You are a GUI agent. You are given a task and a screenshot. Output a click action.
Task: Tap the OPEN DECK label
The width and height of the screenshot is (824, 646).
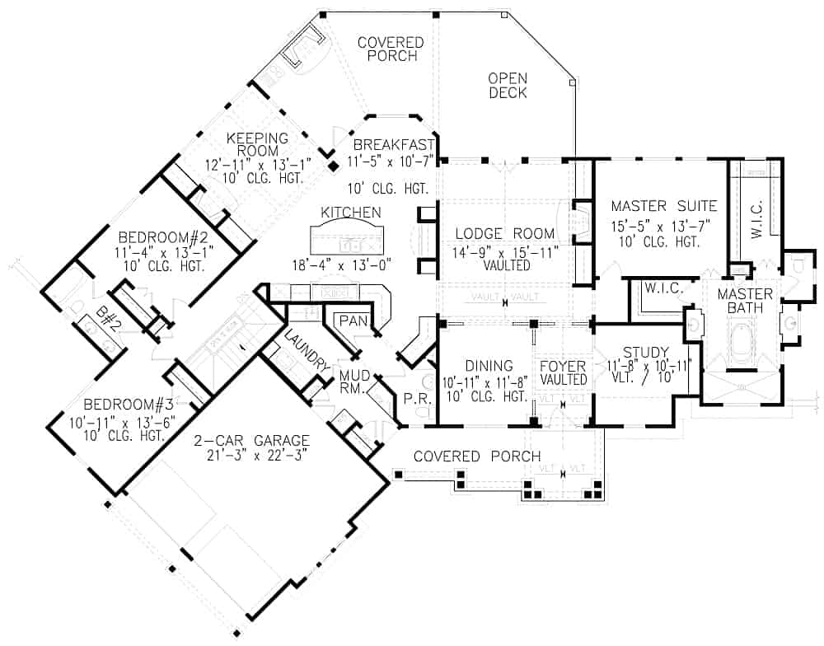[x=508, y=86]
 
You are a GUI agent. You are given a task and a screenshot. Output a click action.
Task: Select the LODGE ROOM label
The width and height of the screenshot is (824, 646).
[x=498, y=234]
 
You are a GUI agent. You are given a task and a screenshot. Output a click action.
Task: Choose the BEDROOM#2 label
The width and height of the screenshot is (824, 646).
[x=157, y=234]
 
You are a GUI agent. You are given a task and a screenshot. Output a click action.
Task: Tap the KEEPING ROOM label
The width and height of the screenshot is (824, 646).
[x=257, y=144]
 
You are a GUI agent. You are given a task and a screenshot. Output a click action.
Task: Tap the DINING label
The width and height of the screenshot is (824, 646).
[x=489, y=366]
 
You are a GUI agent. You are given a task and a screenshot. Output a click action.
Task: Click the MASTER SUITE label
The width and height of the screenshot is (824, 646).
[x=664, y=206]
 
